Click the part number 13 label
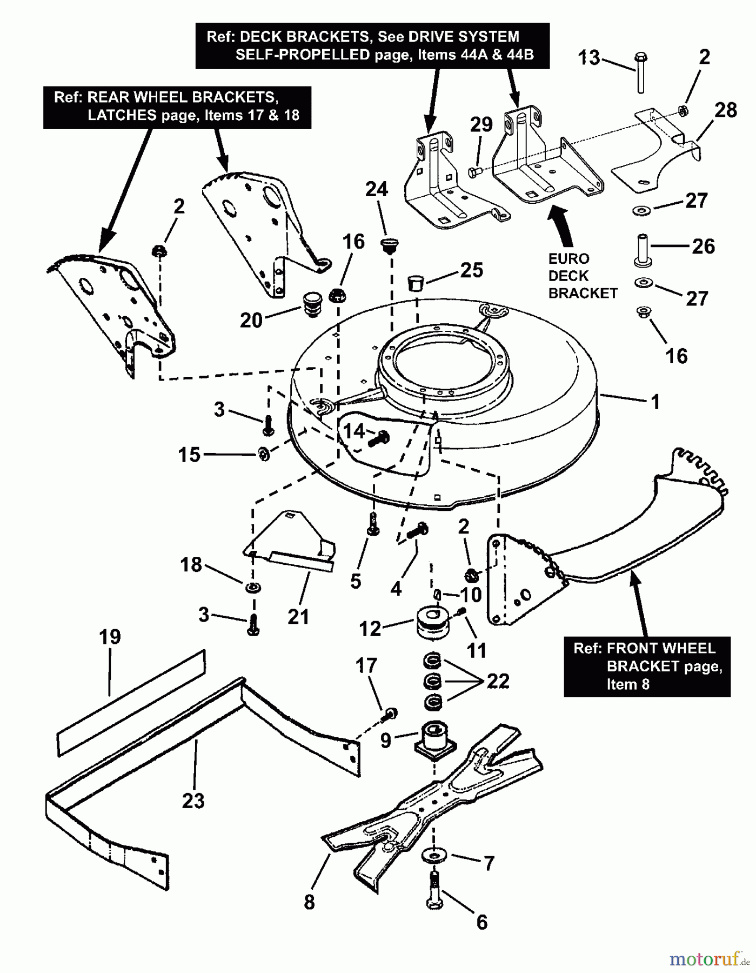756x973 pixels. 589,57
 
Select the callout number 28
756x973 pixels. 725,110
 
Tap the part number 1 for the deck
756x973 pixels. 655,402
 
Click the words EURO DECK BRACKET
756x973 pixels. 582,276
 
